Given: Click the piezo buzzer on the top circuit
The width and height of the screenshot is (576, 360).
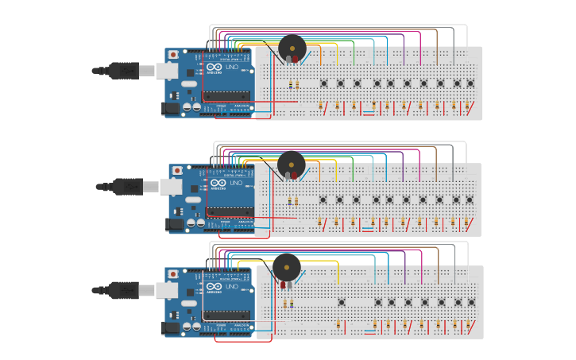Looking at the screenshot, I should click(x=292, y=48).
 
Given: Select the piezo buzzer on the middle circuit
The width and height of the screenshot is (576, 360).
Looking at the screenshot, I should click(x=291, y=165).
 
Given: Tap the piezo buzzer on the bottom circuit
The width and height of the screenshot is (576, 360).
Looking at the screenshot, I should click(x=287, y=267).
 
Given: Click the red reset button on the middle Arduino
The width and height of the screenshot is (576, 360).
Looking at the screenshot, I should click(x=176, y=171).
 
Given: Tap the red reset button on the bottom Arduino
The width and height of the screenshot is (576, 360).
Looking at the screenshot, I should click(x=172, y=273).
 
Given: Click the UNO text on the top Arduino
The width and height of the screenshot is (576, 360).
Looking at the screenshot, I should click(x=232, y=68).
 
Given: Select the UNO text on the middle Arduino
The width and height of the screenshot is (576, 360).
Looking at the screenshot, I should click(x=236, y=184).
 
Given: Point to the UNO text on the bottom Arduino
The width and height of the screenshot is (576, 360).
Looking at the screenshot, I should click(x=232, y=286).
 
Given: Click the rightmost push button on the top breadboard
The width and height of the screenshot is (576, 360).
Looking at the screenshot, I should click(x=470, y=83).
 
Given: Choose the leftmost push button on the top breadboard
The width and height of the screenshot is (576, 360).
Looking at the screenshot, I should click(x=324, y=83).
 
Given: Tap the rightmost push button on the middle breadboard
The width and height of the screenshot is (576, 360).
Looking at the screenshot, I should click(x=470, y=199).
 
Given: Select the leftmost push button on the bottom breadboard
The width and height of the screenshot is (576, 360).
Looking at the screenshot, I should click(x=342, y=302).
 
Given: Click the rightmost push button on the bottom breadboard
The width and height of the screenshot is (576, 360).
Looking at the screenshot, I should click(x=471, y=302).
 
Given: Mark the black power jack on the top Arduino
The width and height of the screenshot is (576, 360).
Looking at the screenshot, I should click(x=171, y=108).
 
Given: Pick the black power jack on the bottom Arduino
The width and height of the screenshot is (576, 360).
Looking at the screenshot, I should click(x=170, y=327).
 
